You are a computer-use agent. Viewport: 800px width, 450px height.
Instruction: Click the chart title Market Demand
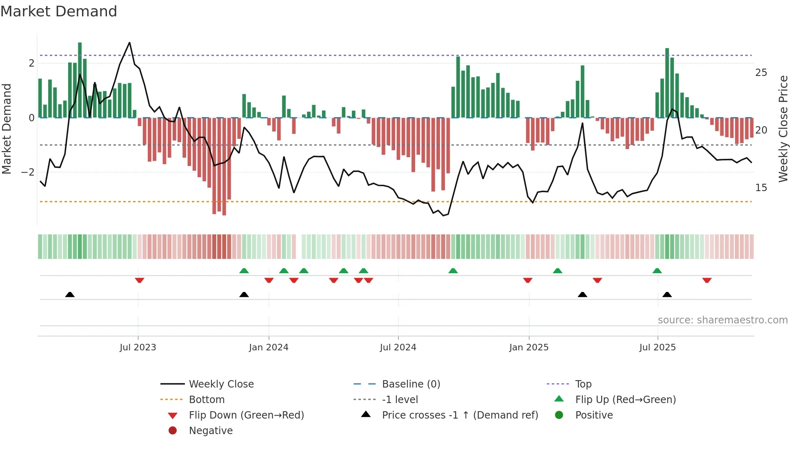(59, 11)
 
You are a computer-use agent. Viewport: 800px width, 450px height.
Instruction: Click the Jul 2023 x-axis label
(138, 348)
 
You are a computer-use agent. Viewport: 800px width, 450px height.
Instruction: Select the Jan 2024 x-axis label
(269, 348)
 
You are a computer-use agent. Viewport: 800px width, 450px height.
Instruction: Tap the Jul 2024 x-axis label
(398, 348)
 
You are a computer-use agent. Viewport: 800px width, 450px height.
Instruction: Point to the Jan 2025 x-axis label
(529, 348)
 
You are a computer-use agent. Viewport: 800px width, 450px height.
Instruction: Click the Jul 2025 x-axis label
(658, 348)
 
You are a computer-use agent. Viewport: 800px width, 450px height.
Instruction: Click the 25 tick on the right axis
(761, 73)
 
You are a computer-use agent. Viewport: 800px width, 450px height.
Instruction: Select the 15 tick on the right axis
(761, 188)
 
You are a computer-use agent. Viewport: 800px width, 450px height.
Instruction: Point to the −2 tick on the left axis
(28, 172)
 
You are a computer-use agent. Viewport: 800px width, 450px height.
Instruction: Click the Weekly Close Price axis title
(783, 129)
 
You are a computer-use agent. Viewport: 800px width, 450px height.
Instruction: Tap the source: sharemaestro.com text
(722, 320)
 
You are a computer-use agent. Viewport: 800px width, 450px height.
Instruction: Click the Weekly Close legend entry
(221, 384)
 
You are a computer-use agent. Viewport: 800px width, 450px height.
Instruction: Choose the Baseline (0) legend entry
(411, 384)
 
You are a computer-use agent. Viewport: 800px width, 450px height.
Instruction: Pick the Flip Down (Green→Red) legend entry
(246, 415)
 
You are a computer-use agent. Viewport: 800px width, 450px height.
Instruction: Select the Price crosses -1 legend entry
(460, 415)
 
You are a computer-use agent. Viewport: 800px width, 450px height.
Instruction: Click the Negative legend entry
(211, 431)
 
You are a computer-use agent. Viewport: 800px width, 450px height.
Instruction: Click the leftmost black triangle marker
(70, 294)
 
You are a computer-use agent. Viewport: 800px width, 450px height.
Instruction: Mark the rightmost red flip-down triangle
(707, 280)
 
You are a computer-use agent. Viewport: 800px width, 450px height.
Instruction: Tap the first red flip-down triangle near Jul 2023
(140, 280)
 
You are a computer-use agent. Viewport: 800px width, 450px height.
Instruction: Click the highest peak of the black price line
(130, 42)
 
